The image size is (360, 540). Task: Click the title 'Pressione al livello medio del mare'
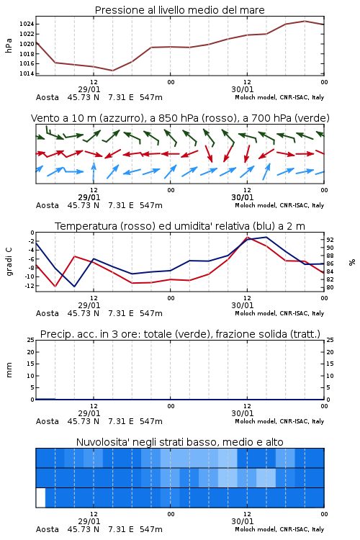(179, 10)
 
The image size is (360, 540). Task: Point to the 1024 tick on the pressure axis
(27, 24)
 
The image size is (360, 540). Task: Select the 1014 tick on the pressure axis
(27, 73)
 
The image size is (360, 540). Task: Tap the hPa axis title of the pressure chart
(9, 45)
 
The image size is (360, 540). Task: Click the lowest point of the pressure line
(112, 71)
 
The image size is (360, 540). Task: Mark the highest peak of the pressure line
(305, 21)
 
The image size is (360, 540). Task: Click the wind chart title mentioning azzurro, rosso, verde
(180, 118)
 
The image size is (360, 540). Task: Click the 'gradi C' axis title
(9, 262)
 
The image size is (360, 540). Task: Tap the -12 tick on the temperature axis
(30, 286)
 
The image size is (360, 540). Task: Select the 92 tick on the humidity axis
(330, 240)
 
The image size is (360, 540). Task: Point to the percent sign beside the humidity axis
(352, 262)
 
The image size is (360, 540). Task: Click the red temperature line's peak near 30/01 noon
(247, 237)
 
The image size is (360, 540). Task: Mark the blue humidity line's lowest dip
(74, 287)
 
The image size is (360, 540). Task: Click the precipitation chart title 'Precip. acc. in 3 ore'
(180, 334)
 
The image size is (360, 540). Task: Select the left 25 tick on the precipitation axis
(31, 340)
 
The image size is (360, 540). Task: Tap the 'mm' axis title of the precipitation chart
(9, 370)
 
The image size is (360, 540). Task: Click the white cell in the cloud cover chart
(40, 498)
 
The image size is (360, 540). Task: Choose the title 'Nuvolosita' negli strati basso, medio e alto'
(179, 442)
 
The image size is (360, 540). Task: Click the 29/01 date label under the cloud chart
(89, 521)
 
